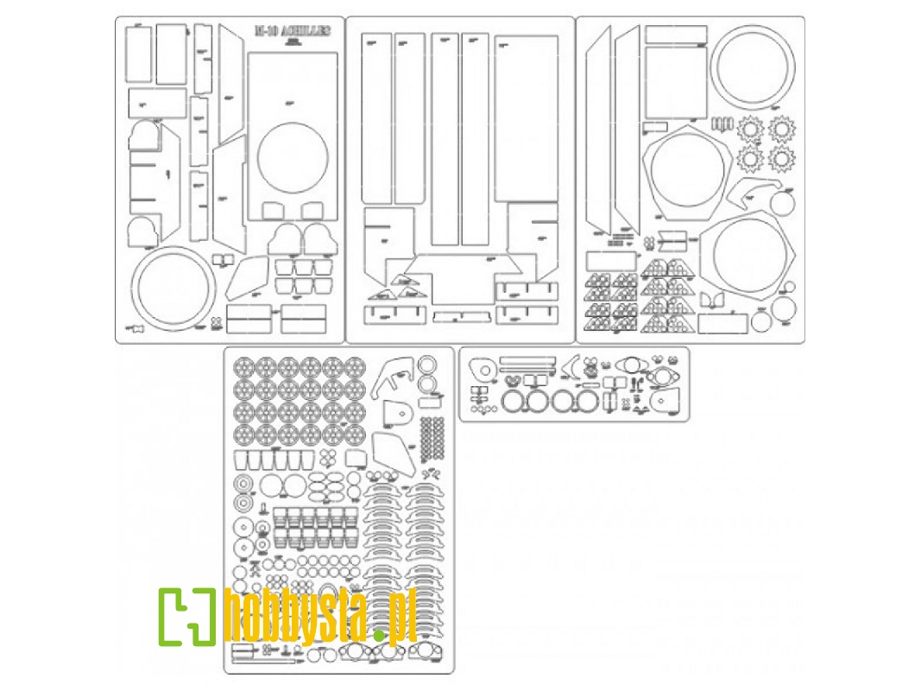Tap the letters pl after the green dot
pos(402,619)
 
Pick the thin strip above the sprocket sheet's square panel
pos(676,35)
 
